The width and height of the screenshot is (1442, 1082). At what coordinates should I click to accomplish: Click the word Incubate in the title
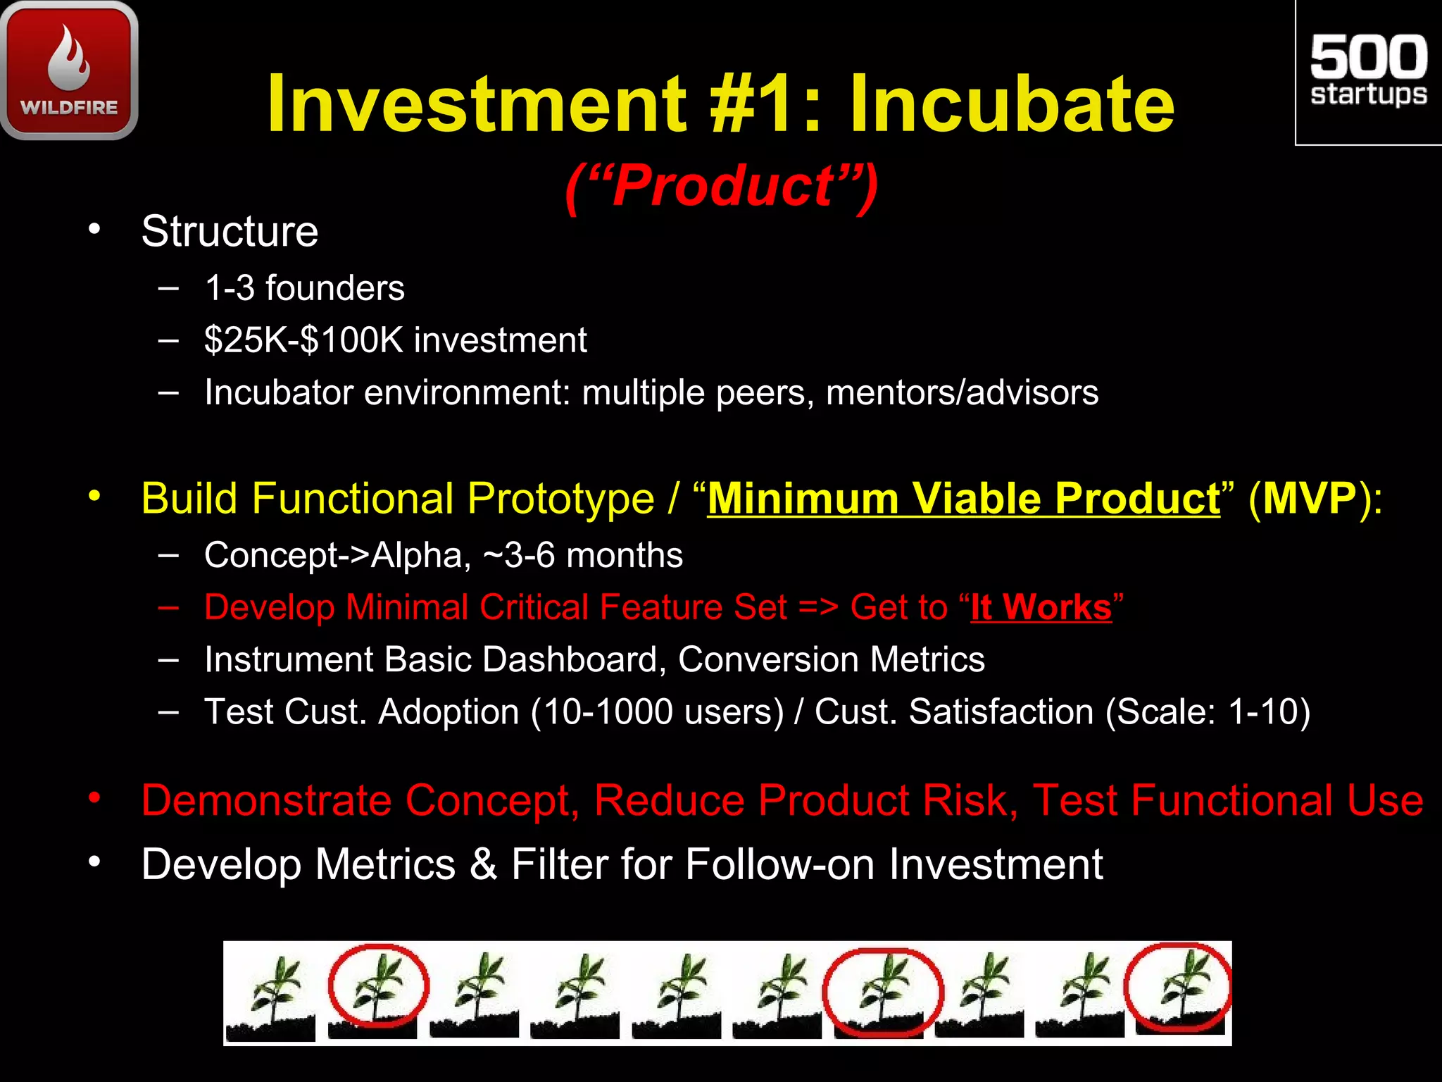[1012, 104]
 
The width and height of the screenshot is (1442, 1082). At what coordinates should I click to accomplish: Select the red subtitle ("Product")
[721, 186]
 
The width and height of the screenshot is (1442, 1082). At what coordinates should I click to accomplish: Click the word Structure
[230, 231]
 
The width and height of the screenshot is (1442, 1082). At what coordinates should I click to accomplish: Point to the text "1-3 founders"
[304, 288]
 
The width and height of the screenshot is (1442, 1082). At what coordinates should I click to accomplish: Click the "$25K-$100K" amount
[303, 340]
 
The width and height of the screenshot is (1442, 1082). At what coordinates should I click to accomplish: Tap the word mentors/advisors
[962, 392]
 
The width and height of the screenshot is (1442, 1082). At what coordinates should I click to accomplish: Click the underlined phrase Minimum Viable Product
[963, 499]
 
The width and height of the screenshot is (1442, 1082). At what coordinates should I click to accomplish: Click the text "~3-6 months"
[582, 555]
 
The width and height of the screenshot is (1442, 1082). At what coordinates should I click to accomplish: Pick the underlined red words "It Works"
[1041, 607]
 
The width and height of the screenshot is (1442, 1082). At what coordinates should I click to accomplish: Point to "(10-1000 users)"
[657, 711]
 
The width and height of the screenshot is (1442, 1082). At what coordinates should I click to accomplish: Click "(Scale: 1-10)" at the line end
[1208, 711]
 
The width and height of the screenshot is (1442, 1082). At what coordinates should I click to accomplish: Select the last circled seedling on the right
[1178, 989]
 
